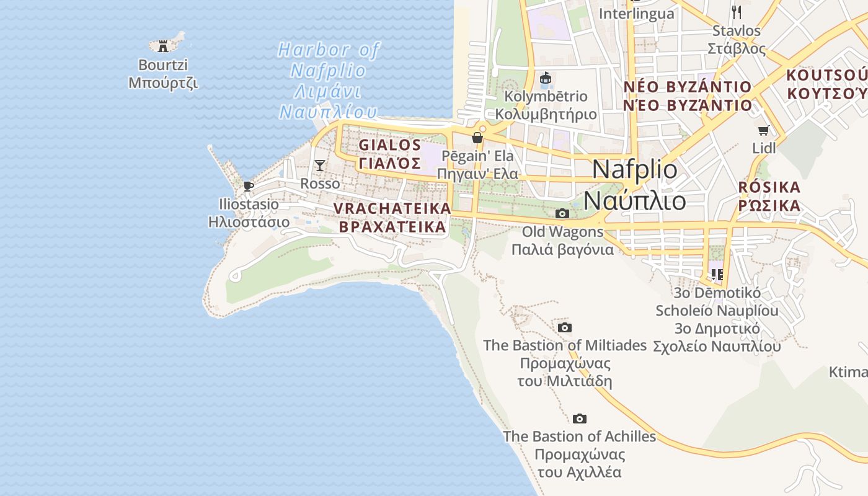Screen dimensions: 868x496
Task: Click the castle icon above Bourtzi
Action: point(163,46)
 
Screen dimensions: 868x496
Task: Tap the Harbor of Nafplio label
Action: point(328,81)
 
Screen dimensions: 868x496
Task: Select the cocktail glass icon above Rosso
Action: point(320,165)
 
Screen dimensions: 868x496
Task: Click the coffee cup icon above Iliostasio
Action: point(249,186)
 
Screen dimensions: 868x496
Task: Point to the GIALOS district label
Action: point(390,154)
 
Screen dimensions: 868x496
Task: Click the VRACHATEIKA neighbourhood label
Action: point(392,218)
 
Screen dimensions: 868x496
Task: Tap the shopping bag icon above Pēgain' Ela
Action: point(477,138)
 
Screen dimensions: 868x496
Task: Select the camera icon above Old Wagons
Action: point(562,214)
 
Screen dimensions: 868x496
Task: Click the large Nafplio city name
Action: point(635,185)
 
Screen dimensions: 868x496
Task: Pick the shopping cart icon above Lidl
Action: point(764,131)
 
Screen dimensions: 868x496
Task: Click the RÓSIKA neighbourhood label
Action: point(769,197)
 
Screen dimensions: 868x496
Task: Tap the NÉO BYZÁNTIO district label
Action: point(688,95)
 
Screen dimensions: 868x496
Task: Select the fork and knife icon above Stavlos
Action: point(736,11)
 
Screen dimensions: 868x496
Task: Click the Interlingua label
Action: point(637,14)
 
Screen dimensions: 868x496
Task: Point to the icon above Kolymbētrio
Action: point(546,78)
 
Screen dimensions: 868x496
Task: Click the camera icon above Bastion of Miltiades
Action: point(564,327)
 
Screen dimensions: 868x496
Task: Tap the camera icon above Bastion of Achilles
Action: point(580,419)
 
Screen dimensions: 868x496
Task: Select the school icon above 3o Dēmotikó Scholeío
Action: point(717,274)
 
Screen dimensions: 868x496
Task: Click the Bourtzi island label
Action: point(163,73)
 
